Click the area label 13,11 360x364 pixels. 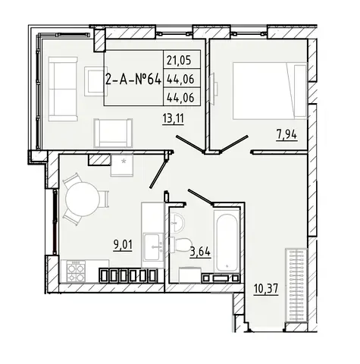173,118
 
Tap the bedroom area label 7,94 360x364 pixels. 286,134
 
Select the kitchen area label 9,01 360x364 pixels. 123,245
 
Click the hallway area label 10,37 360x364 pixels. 266,289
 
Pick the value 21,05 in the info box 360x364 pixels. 179,61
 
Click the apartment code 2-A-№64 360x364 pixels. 133,80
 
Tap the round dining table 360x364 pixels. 82,199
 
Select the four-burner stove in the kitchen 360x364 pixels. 76,271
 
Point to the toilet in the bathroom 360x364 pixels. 180,244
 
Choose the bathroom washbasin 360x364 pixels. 177,222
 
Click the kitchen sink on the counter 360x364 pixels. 153,247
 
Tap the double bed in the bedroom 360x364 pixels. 270,91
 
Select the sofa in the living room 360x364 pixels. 63,89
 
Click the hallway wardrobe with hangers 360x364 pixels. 296,285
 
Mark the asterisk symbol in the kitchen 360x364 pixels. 124,162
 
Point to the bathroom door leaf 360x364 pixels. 200,196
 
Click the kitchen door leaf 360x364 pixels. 158,173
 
